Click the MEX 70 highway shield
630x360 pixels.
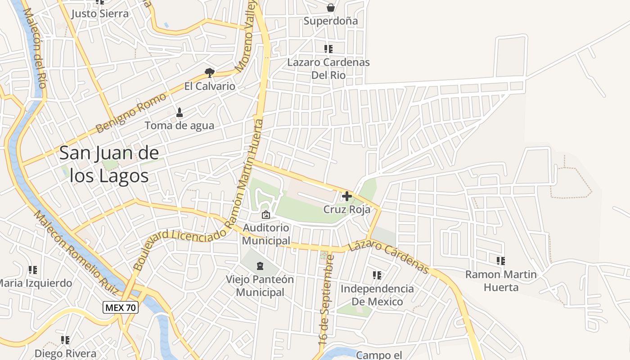121,308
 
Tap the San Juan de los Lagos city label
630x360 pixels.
109,164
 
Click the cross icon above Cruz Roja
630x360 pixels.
347,196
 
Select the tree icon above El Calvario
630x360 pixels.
209,72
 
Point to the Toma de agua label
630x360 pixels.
180,126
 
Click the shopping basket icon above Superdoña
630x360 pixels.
331,8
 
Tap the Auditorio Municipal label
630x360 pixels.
266,234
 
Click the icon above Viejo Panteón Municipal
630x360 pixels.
260,266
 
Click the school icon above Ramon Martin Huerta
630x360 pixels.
501,261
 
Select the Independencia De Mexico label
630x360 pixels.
377,295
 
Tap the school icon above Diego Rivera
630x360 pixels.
65,340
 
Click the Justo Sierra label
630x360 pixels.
100,13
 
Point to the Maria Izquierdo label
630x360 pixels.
35,283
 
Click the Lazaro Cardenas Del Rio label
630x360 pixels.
328,68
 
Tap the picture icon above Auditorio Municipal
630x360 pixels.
266,215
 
